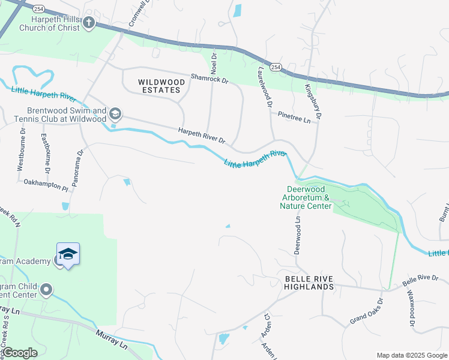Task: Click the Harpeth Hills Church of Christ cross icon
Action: click(x=89, y=23)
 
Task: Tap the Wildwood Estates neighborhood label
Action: click(x=159, y=86)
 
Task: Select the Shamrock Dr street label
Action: click(x=209, y=79)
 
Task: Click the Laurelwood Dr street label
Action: click(x=262, y=86)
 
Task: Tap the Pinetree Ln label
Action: click(x=294, y=117)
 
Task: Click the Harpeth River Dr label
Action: click(x=201, y=136)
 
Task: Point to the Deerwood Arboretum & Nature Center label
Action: click(x=306, y=197)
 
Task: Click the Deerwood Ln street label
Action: click(x=297, y=236)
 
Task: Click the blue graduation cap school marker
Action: click(x=68, y=254)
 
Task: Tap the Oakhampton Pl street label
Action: click(x=46, y=186)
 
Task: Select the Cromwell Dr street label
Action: click(x=138, y=13)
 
